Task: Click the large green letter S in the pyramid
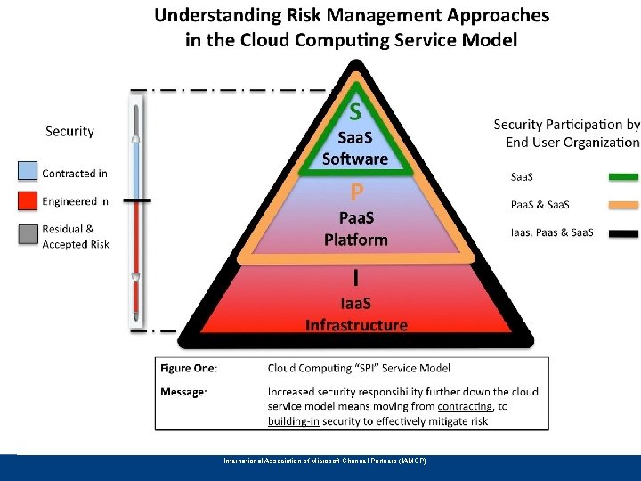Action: pyautogui.click(x=355, y=112)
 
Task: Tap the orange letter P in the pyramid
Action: pyautogui.click(x=356, y=192)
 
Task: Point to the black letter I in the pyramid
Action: pyautogui.click(x=356, y=278)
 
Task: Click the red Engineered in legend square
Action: pyautogui.click(x=27, y=201)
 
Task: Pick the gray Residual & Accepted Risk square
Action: pyautogui.click(x=27, y=233)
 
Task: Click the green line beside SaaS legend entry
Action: pyautogui.click(x=623, y=177)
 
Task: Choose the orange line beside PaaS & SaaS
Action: pyautogui.click(x=623, y=205)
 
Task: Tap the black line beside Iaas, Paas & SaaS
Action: pyautogui.click(x=623, y=233)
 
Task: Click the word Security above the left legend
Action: pyautogui.click(x=69, y=131)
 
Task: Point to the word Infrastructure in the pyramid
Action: pyautogui.click(x=356, y=325)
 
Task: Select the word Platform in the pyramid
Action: pyautogui.click(x=356, y=240)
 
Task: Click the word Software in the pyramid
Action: pyautogui.click(x=355, y=159)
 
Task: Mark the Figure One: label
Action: pyautogui.click(x=190, y=368)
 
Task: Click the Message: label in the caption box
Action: pyautogui.click(x=185, y=392)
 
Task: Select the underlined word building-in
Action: pyautogui.click(x=294, y=420)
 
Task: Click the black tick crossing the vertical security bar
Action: pyautogui.click(x=136, y=201)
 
